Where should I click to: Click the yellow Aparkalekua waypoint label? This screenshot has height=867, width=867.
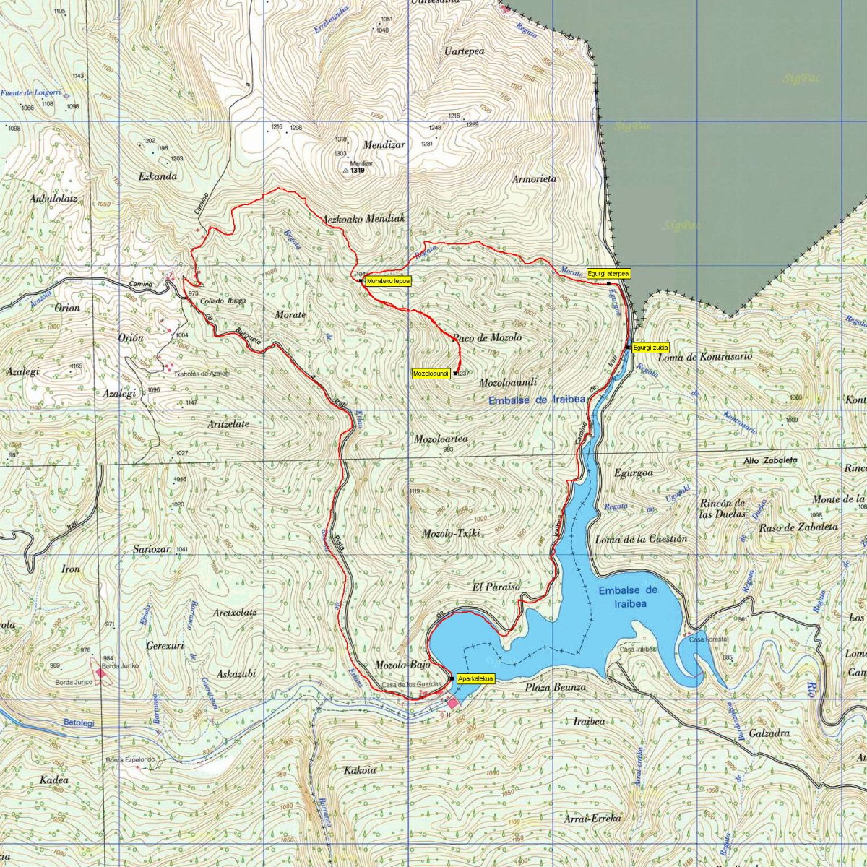(475, 678)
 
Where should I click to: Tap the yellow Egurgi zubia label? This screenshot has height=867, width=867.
(651, 348)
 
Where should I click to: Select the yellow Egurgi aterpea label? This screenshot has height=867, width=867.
(608, 274)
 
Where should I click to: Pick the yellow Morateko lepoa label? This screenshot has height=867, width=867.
(388, 281)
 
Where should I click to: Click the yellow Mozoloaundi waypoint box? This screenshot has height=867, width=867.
(431, 374)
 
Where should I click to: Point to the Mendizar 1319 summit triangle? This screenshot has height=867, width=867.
(345, 171)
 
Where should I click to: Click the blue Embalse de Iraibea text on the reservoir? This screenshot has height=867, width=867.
(629, 597)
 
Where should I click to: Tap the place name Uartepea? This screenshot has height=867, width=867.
(465, 51)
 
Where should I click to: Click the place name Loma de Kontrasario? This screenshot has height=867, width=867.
(705, 357)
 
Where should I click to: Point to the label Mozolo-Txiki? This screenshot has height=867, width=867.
(452, 533)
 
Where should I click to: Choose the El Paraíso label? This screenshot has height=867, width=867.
(496, 587)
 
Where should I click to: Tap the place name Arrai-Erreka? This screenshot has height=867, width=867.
(592, 819)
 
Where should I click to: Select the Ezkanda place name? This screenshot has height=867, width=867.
(158, 176)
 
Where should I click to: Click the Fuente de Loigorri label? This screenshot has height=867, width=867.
(30, 93)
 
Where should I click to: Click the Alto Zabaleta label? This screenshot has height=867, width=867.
(771, 460)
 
